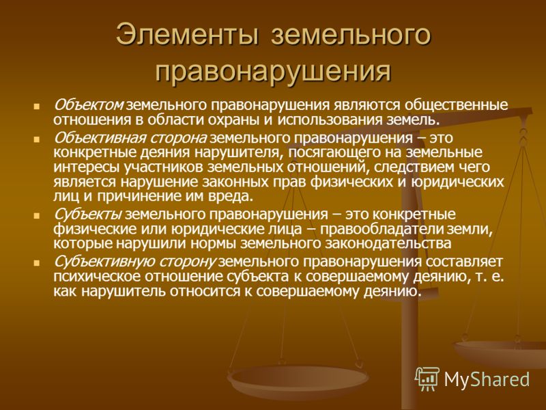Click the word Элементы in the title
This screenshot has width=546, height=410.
[x=187, y=35]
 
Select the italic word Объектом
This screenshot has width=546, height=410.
[x=89, y=105]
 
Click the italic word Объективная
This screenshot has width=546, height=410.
[x=98, y=138]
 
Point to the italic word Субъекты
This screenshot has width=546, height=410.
[x=87, y=214]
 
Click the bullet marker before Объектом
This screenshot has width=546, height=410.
[x=36, y=106]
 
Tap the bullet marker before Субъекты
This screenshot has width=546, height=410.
[x=36, y=215]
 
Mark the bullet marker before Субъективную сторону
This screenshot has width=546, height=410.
[x=36, y=263]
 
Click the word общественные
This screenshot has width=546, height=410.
[x=455, y=105]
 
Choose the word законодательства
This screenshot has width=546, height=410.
[x=388, y=244]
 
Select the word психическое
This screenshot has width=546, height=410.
[x=96, y=277]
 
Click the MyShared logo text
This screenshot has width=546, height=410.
[x=487, y=379]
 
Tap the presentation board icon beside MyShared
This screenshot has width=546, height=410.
[x=427, y=379]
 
